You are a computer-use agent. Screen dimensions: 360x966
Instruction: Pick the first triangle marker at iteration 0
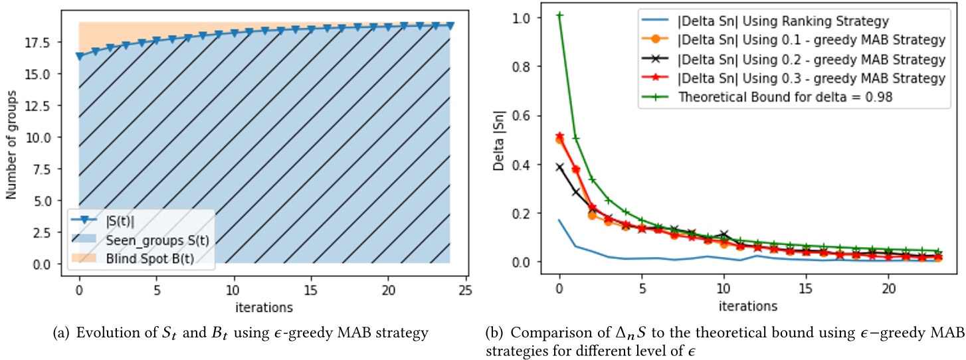click(80, 56)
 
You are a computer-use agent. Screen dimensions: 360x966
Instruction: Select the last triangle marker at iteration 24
click(450, 25)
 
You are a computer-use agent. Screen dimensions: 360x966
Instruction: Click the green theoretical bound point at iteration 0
click(559, 15)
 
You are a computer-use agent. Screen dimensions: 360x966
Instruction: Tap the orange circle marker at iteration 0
click(559, 139)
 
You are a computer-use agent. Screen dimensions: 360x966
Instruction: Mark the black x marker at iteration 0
click(559, 167)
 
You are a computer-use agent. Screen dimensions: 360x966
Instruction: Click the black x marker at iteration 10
click(724, 234)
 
